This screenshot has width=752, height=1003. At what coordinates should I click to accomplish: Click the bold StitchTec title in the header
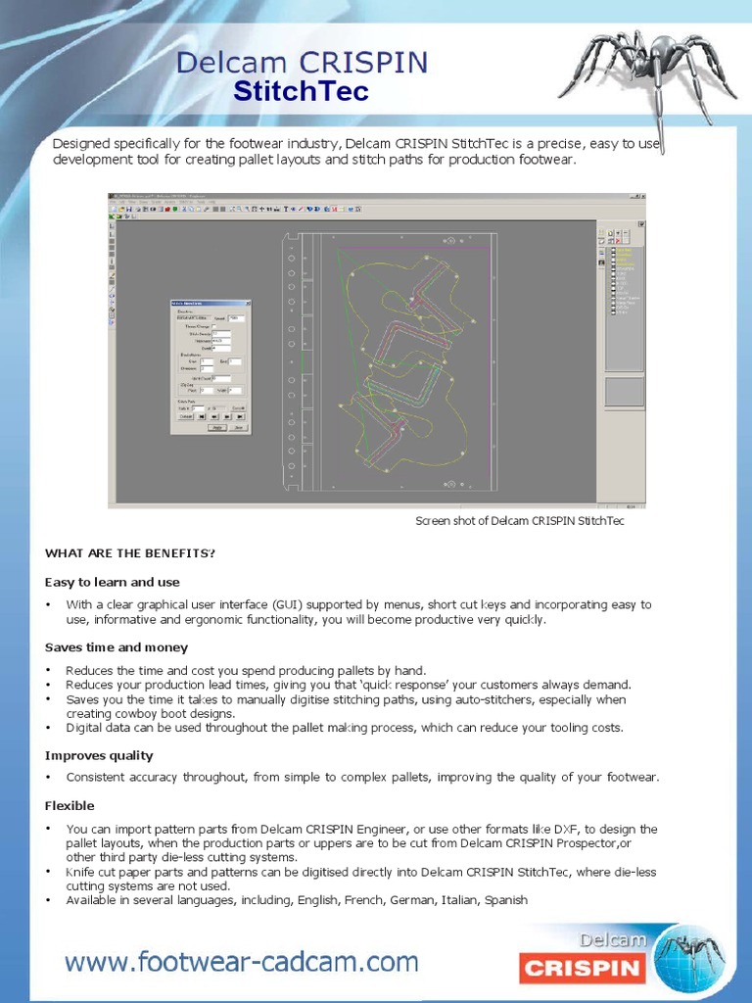301,91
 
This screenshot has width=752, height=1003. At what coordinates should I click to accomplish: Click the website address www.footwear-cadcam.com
242,962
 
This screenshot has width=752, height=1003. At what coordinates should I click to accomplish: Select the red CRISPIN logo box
583,970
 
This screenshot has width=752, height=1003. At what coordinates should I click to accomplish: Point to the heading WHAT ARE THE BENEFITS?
129,553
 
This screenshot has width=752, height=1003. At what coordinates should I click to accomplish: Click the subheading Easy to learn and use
113,582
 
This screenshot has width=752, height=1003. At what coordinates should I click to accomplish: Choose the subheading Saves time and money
117,647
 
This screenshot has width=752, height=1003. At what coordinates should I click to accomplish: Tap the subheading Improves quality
99,755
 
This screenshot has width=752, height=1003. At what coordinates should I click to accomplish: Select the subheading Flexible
70,805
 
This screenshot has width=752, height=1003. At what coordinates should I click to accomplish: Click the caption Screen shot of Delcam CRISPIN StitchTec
519,521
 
